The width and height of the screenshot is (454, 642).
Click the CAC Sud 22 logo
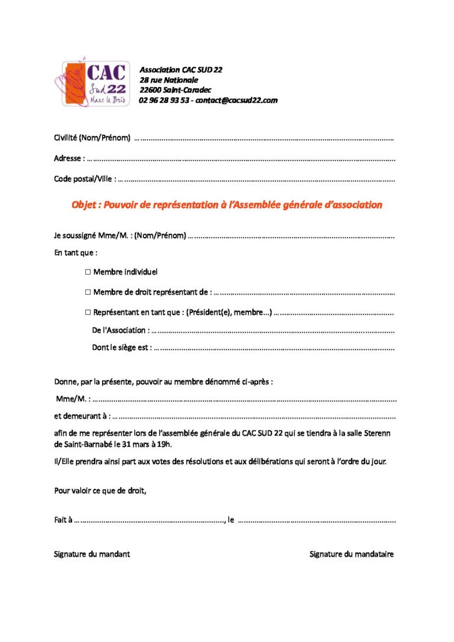96,83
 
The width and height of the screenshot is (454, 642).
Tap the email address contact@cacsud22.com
236,100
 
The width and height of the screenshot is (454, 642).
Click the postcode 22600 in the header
151,90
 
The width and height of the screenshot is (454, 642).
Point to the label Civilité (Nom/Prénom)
92,138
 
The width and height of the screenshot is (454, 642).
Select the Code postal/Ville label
85,179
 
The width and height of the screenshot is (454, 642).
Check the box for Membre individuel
87,272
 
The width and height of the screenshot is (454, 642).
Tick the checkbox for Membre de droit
87,292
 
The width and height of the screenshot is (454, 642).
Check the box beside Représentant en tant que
87,312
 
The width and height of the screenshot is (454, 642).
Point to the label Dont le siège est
122,347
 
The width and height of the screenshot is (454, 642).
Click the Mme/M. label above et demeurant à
73,399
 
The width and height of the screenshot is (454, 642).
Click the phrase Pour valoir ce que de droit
100,490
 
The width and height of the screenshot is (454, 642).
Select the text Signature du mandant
92,554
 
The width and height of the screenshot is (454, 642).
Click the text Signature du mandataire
352,554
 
